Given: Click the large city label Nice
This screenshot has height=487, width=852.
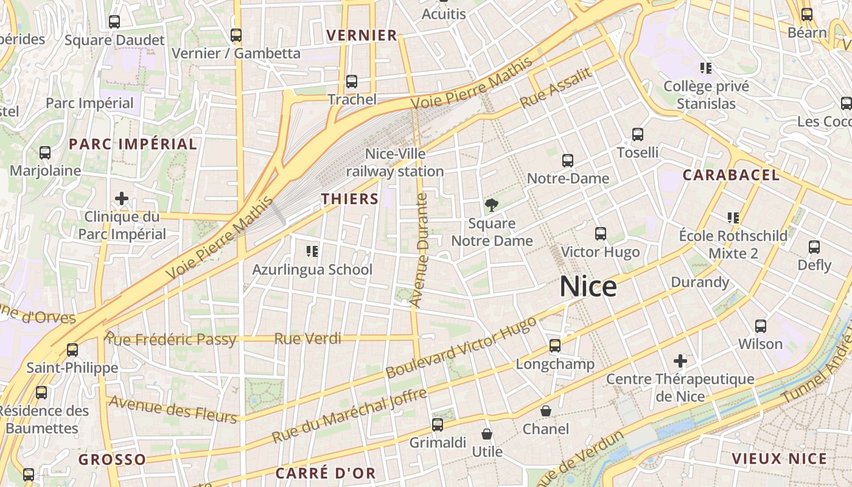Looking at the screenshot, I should click(588, 286).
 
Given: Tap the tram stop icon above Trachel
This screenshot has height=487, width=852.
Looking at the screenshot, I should click(352, 82).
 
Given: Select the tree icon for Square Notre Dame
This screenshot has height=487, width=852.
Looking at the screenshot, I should click(491, 205).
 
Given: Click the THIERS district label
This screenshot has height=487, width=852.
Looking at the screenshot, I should click(350, 198).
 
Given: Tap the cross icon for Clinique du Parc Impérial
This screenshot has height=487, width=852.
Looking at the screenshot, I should click(122, 198).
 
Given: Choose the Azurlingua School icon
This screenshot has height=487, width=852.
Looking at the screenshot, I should click(312, 251).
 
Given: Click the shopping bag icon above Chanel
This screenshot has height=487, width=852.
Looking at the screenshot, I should click(546, 411).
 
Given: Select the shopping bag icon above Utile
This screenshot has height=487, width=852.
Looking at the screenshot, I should click(487, 433).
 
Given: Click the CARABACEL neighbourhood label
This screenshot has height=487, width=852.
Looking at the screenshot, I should click(731, 175).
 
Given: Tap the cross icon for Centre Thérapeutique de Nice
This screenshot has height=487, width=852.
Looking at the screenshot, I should click(680, 361).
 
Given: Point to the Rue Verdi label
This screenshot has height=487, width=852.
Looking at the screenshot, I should click(308, 338).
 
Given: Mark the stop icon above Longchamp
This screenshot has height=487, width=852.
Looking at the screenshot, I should click(555, 346).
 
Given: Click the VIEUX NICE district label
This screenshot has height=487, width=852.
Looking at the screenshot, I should click(780, 459).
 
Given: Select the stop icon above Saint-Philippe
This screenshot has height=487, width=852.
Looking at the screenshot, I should click(72, 350).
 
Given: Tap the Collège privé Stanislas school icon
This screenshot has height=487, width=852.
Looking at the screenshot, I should click(706, 68).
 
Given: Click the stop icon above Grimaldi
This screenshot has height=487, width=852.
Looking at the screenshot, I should click(438, 425).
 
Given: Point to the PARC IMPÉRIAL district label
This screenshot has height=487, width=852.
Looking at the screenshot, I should click(133, 144).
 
